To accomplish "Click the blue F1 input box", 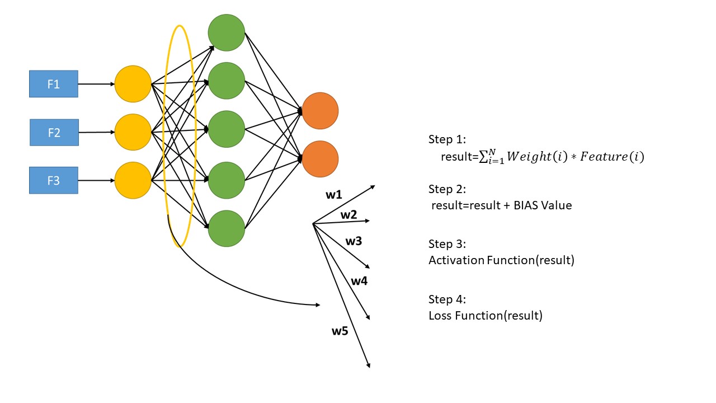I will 54,84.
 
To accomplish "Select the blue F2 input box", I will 54,133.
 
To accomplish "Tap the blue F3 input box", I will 54,180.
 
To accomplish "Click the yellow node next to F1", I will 133,84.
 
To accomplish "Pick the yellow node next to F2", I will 133,132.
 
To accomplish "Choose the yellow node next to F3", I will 133,180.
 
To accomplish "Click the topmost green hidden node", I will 227,32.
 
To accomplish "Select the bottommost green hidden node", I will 227,228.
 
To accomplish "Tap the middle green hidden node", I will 227,129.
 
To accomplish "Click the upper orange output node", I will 320,111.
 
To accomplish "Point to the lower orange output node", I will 320,159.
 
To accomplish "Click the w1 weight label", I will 334,195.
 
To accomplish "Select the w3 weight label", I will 354,241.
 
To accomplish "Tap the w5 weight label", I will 340,331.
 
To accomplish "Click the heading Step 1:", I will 447,139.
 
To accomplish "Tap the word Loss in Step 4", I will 440,316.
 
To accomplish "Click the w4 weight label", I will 359,281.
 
